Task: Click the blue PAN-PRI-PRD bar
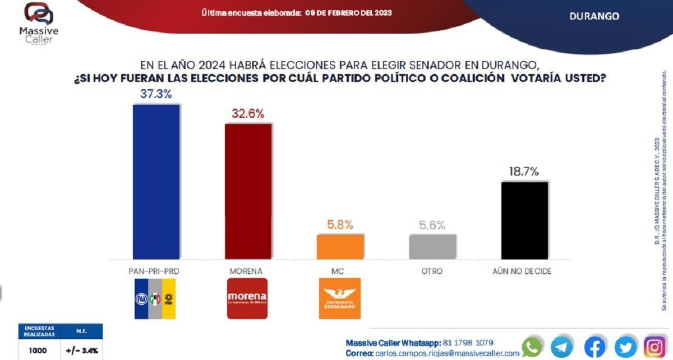(x=156, y=182)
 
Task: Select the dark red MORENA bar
(x=248, y=191)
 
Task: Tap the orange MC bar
(x=340, y=247)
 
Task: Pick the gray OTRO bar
(x=432, y=247)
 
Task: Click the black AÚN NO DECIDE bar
(x=524, y=220)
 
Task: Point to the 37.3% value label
(x=155, y=94)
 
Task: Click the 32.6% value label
(x=248, y=113)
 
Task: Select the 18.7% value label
(x=524, y=172)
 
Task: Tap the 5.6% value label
(x=432, y=225)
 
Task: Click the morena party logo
(x=247, y=298)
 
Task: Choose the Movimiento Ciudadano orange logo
(x=340, y=298)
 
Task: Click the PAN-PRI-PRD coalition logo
(x=155, y=298)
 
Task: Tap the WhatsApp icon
(x=532, y=347)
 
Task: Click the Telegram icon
(x=561, y=347)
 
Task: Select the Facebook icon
(x=595, y=347)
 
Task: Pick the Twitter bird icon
(x=625, y=347)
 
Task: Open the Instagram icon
(x=654, y=347)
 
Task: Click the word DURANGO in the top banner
(x=594, y=16)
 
